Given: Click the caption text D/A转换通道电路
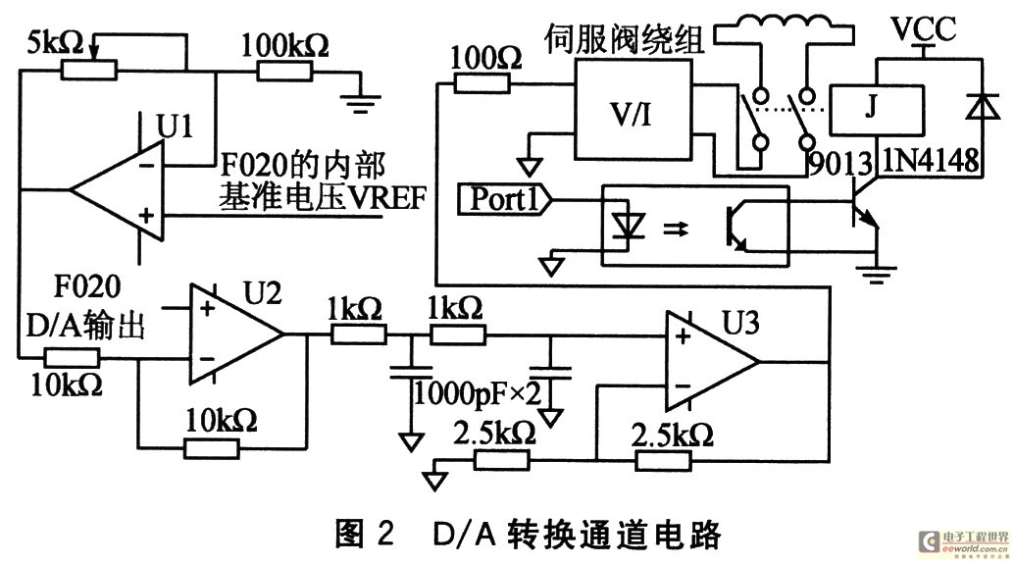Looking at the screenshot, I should point(577,536).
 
